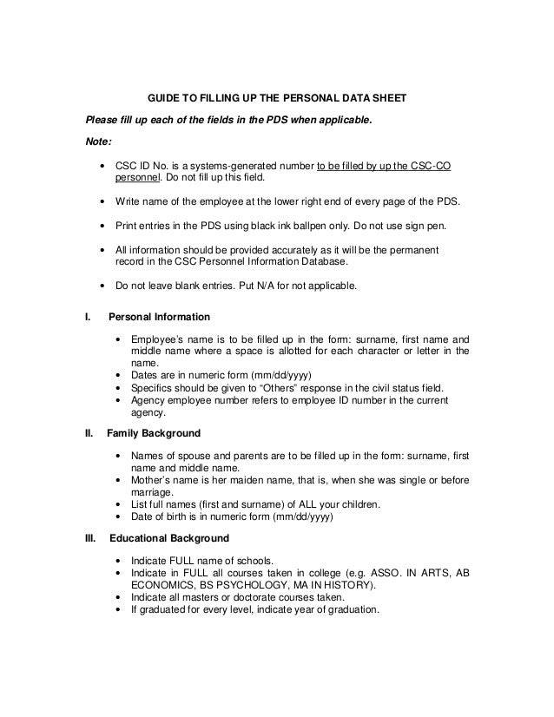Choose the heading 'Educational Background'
pyautogui.click(x=164, y=538)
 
